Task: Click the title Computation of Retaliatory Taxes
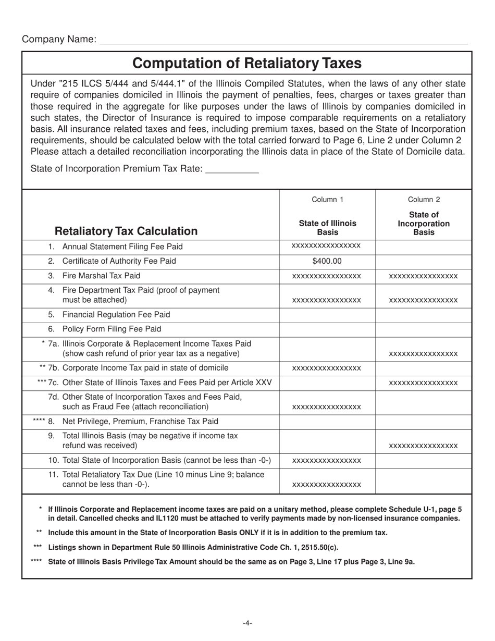coord(246,63)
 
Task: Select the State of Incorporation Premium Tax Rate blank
coord(232,169)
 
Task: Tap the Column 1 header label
coord(327,199)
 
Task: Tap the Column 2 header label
coord(423,199)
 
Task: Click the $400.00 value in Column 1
coord(327,261)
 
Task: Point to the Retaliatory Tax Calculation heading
coord(126,231)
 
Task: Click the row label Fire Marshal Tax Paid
coord(101,275)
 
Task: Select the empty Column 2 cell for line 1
coord(423,246)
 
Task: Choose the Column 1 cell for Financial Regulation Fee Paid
coord(327,314)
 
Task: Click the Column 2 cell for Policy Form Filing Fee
coord(423,329)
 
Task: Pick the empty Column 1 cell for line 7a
coord(327,348)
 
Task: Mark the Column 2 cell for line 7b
coord(423,368)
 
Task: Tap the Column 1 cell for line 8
coord(327,421)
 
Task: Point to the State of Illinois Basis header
coord(327,227)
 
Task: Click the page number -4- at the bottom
coord(247,623)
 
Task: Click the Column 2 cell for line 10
coord(423,460)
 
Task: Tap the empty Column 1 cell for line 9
coord(327,440)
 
